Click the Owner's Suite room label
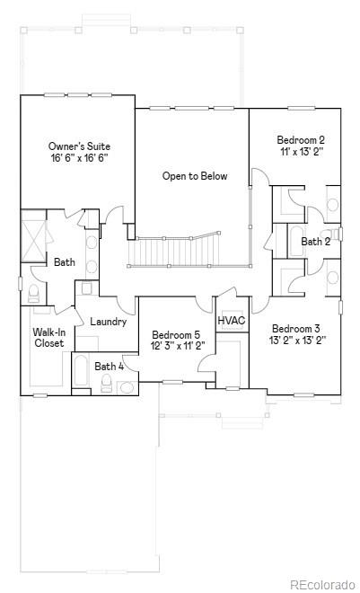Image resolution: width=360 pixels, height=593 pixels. (x=80, y=146)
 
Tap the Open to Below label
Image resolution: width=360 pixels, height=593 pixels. (x=195, y=176)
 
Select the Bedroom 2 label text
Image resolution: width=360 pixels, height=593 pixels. (x=301, y=140)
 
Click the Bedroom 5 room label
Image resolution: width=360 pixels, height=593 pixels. (x=178, y=334)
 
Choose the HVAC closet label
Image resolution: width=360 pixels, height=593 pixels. (x=232, y=321)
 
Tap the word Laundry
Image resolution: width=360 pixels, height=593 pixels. (x=108, y=322)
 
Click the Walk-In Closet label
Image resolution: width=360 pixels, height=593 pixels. (x=48, y=338)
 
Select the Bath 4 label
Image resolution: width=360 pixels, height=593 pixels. (x=109, y=366)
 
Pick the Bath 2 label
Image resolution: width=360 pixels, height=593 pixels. (x=315, y=242)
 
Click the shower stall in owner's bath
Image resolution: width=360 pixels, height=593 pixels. (x=33, y=235)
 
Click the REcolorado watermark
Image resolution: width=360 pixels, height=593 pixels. (x=319, y=584)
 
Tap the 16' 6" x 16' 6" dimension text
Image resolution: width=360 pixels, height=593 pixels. (x=80, y=158)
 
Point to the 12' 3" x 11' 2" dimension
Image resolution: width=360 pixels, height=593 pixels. (x=178, y=346)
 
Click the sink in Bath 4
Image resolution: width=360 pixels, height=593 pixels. (x=126, y=387)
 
